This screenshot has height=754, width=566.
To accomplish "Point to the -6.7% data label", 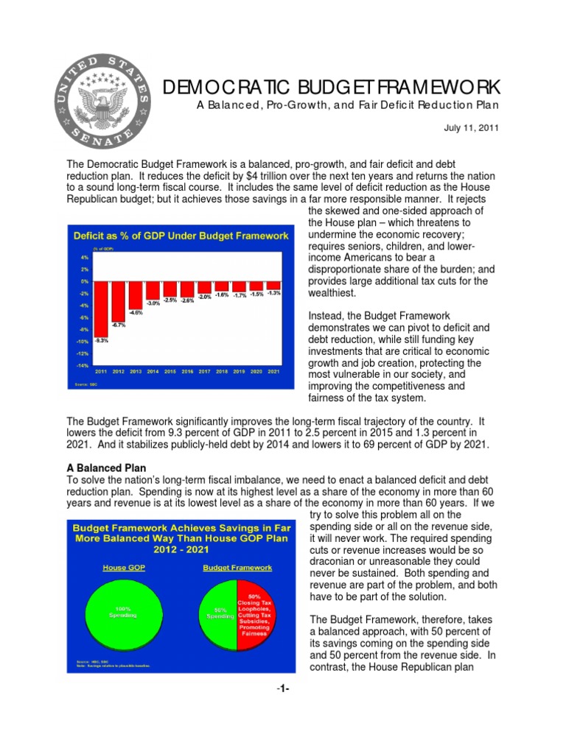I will click(x=119, y=325).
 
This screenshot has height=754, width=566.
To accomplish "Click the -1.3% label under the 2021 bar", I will click(x=273, y=293).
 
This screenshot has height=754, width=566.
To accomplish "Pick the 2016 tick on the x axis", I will click(x=187, y=372).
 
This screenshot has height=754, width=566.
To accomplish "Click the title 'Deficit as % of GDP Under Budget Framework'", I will click(x=179, y=236).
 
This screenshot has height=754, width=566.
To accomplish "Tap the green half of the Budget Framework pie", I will click(x=220, y=610).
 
